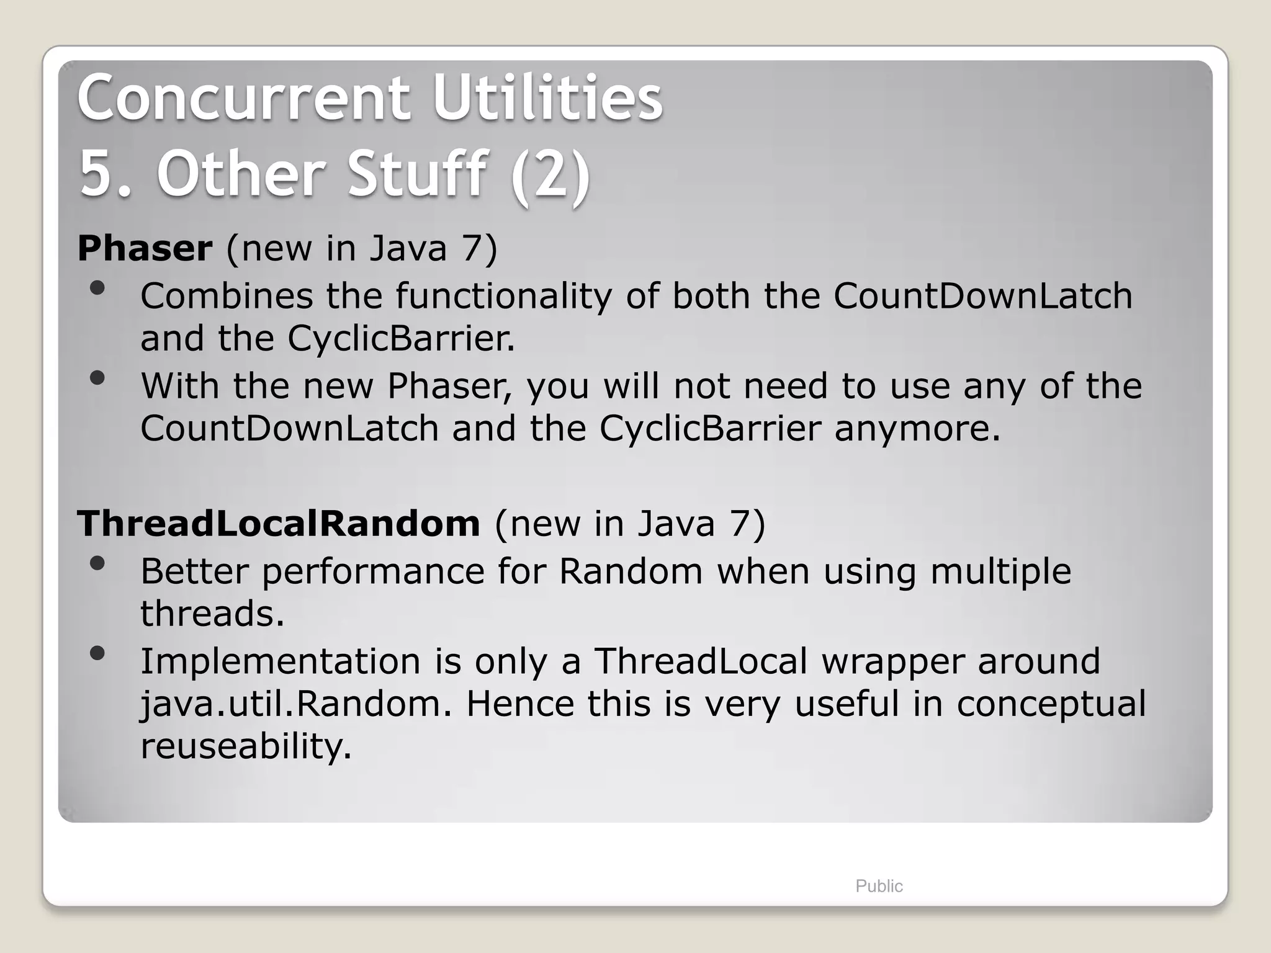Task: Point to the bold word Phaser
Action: pyautogui.click(x=145, y=248)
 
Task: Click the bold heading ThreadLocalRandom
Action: pyautogui.click(x=279, y=523)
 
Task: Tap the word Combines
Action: pyautogui.click(x=227, y=296)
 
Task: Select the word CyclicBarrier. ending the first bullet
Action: pyautogui.click(x=401, y=339)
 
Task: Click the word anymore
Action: pyautogui.click(x=917, y=429)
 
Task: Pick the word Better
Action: pyautogui.click(x=194, y=571)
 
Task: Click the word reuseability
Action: pyautogui.click(x=246, y=746)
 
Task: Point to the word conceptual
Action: pyautogui.click(x=1051, y=704)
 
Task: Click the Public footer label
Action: pyautogui.click(x=879, y=886)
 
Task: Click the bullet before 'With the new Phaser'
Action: pyautogui.click(x=97, y=377)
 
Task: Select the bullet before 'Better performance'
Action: pyautogui.click(x=97, y=563)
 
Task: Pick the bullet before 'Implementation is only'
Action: pyautogui.click(x=97, y=653)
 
